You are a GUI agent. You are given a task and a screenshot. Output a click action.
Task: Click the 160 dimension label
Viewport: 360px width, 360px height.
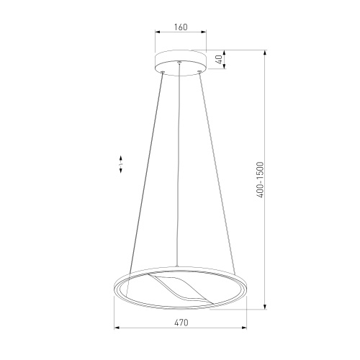[181, 27]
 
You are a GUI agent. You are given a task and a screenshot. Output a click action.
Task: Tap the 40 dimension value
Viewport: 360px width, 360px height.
[219, 59]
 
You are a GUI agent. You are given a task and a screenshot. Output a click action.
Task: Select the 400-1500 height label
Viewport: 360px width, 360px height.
[260, 179]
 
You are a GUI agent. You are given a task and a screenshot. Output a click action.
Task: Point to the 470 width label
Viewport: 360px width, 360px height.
[181, 323]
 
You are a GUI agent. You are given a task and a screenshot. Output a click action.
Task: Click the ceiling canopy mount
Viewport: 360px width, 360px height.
[181, 63]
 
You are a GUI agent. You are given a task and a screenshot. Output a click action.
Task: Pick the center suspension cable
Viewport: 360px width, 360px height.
[178, 164]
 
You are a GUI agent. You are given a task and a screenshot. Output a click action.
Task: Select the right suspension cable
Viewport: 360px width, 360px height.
[217, 172]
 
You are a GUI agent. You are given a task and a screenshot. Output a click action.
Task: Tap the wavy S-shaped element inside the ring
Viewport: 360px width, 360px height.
[181, 289]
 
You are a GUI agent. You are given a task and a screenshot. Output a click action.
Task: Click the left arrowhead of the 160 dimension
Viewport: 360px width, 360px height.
[158, 32]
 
